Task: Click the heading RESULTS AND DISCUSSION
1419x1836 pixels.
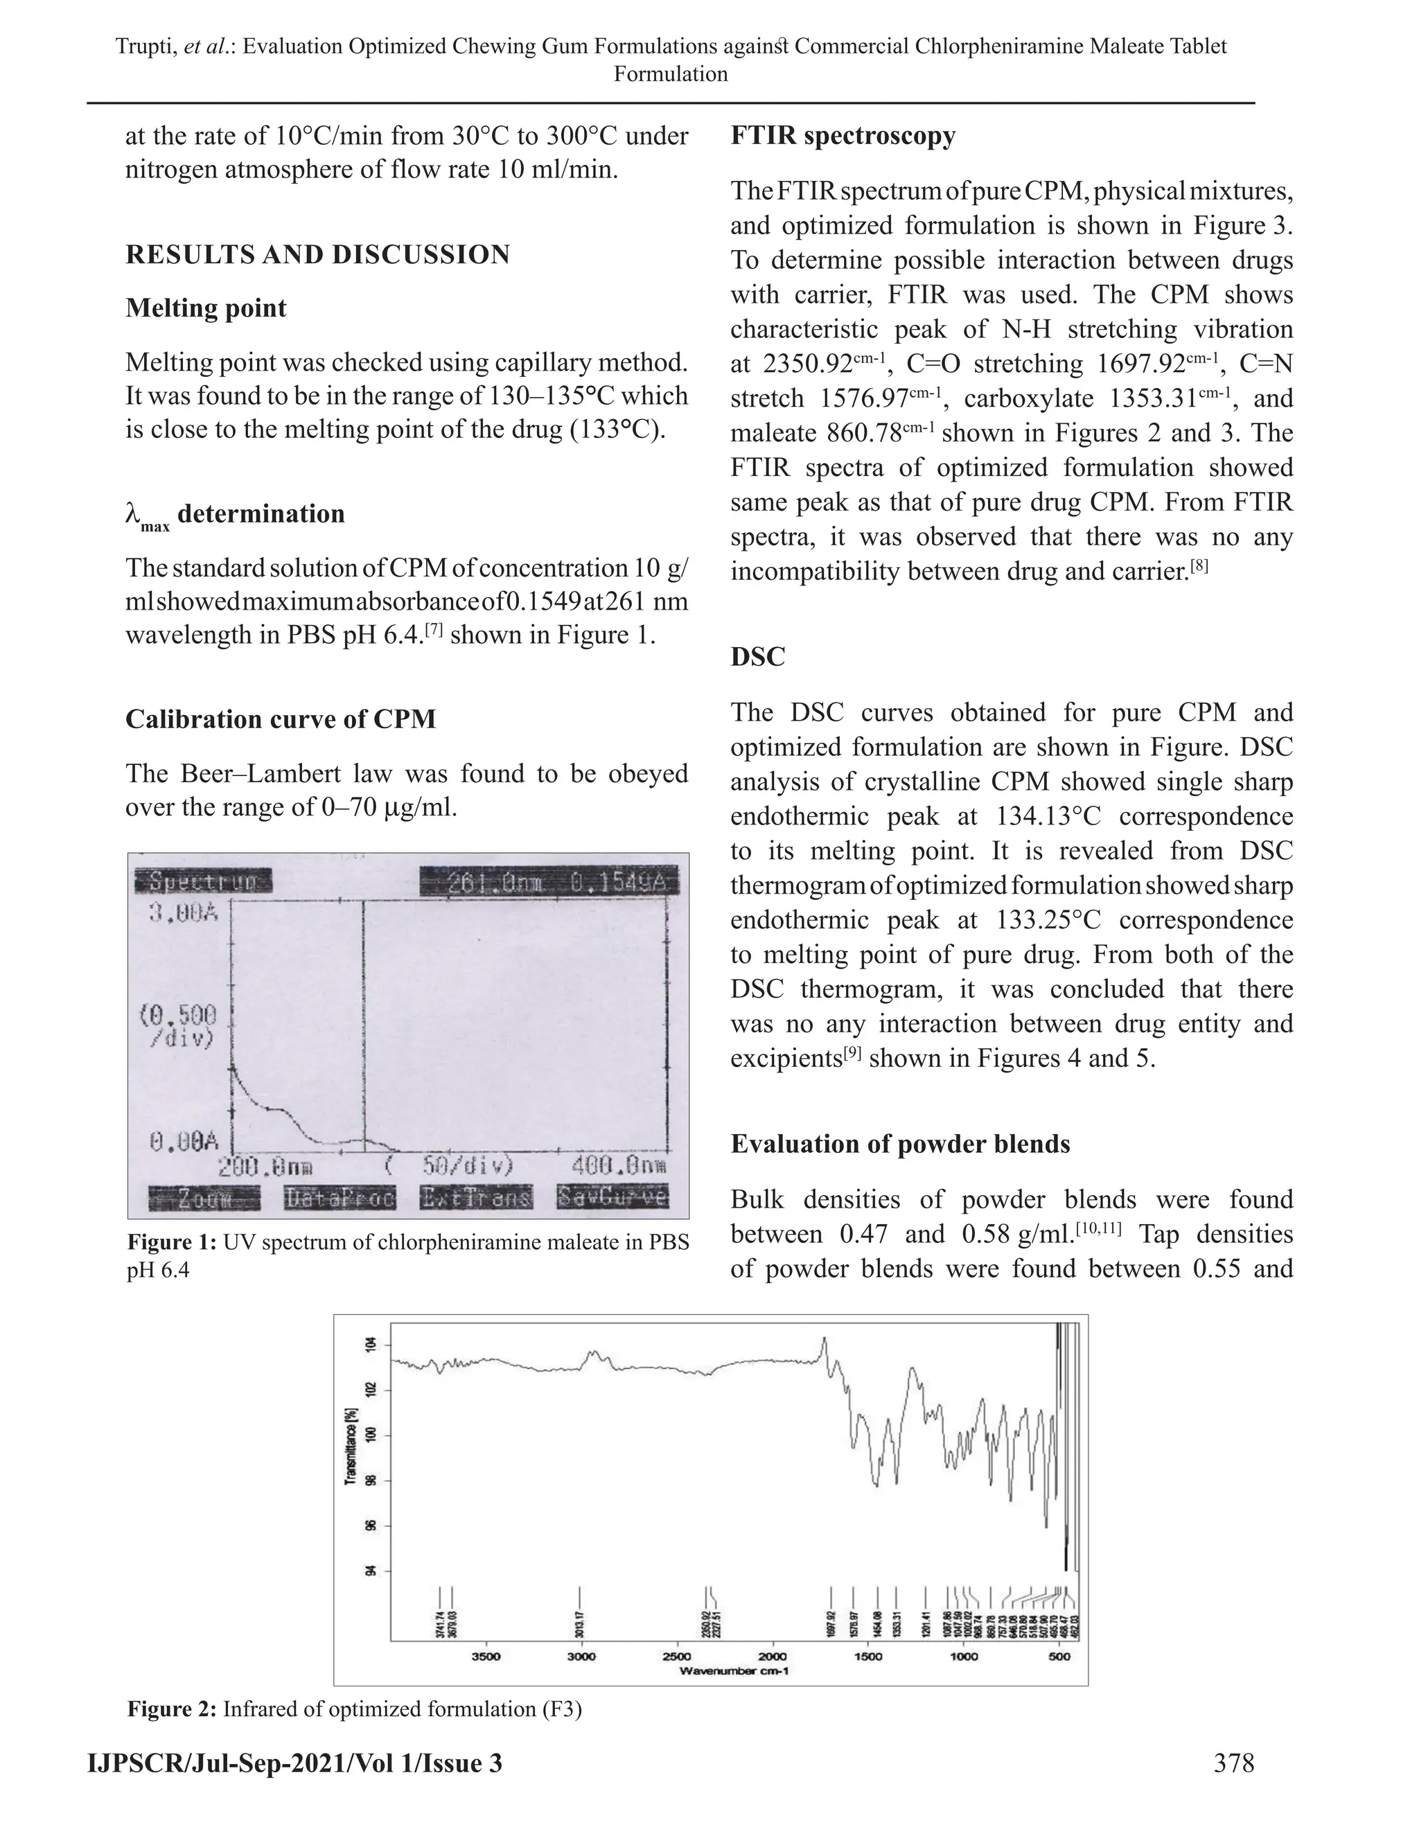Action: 318,255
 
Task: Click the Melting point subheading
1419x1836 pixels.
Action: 206,308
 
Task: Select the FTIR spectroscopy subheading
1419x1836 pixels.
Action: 843,136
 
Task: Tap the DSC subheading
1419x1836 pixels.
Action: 757,657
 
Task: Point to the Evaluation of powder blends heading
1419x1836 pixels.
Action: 899,1144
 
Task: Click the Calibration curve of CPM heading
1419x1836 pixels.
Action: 281,720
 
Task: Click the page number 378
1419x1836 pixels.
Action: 1233,1763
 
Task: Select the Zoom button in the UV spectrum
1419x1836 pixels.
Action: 205,1199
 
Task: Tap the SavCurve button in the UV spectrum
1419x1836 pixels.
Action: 612,1197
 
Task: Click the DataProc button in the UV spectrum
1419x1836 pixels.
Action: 340,1199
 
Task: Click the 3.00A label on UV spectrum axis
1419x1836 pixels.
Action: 183,912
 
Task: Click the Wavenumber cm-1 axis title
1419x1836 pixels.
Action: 733,1670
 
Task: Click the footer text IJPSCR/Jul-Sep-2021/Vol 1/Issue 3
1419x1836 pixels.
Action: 295,1763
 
